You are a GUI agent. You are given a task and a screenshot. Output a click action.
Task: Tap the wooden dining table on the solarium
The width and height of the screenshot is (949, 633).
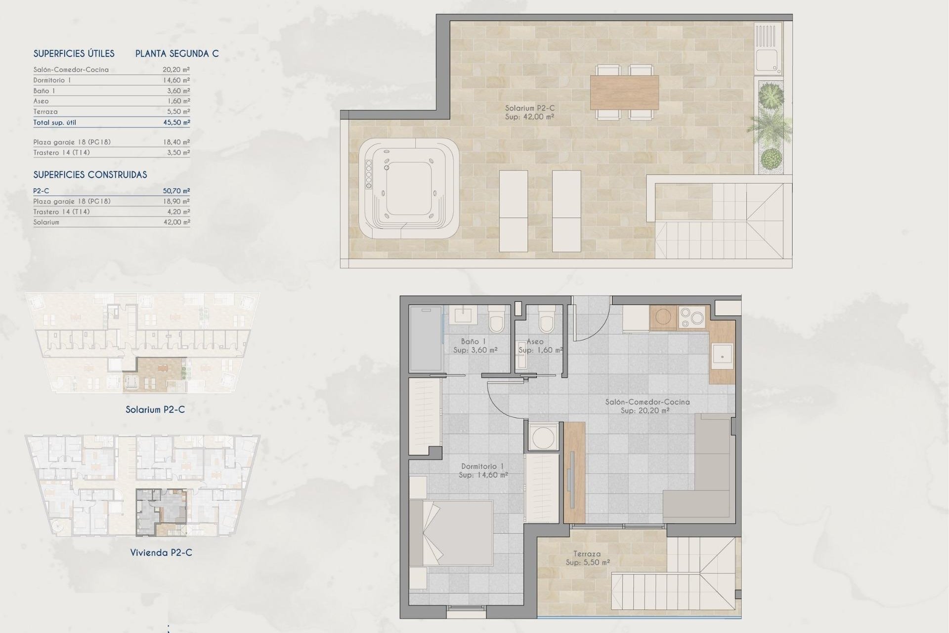[624, 92]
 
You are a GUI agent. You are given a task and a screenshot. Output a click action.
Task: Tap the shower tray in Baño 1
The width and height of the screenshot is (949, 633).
[425, 338]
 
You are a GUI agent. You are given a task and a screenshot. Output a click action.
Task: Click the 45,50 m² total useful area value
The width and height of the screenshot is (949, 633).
[176, 122]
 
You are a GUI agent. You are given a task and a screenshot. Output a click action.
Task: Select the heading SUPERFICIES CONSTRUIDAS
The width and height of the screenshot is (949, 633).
[90, 175]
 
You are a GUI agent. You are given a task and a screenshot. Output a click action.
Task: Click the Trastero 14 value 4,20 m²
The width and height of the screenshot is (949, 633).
[179, 212]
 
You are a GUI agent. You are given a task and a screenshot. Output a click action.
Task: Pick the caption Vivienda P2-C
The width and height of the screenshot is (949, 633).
[161, 552]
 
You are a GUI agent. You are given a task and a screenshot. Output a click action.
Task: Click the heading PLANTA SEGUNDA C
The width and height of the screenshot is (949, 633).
[177, 53]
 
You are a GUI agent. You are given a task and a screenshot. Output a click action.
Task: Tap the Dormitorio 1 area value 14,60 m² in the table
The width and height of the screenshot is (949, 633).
[176, 80]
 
